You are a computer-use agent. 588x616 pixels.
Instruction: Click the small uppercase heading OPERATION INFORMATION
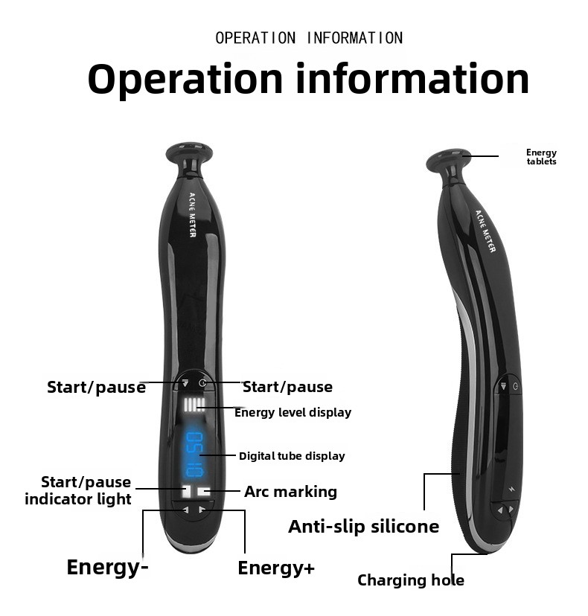(309, 38)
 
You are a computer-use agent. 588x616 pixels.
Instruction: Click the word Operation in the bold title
(185, 80)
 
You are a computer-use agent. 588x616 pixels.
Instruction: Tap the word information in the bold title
(412, 79)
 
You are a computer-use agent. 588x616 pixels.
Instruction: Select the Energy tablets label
(541, 157)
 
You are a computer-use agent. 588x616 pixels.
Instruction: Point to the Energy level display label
(293, 412)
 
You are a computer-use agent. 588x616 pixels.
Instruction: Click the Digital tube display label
(292, 456)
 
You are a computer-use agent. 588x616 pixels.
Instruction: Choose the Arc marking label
(290, 492)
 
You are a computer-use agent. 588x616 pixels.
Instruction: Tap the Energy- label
(107, 568)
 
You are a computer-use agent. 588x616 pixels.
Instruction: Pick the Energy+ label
(276, 568)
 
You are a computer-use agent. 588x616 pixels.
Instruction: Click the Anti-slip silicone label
(363, 527)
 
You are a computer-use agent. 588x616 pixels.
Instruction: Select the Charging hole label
(411, 580)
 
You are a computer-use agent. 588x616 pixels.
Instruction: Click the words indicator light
(78, 499)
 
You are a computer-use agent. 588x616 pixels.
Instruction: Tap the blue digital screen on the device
(194, 454)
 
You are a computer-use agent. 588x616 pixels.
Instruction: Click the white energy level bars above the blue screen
(194, 405)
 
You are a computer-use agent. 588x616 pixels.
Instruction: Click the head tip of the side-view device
(449, 158)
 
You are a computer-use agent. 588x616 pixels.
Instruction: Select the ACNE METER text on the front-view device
(193, 215)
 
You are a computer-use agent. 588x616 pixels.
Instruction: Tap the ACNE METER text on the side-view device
(485, 231)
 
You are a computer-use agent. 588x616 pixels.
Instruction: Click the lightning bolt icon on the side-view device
(511, 490)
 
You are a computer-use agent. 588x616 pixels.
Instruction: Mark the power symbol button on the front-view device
(202, 382)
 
